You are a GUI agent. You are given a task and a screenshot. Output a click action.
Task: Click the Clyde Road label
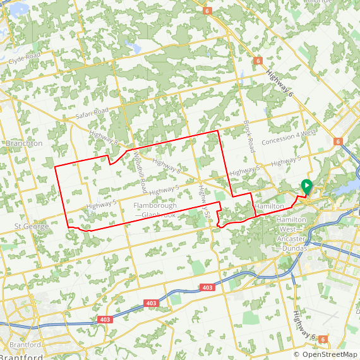[25, 59]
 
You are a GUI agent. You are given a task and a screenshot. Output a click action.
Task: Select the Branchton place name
[24, 143]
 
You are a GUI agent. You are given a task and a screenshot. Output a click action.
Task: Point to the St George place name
[31, 226]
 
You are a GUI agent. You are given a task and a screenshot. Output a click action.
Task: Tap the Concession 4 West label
[289, 133]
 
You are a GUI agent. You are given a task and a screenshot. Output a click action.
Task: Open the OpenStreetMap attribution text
[325, 354]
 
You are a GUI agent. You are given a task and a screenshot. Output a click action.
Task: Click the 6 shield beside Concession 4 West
[338, 142]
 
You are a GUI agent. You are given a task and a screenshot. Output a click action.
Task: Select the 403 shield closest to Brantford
[105, 320]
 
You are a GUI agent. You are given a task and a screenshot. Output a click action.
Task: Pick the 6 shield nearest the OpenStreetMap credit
[323, 339]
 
